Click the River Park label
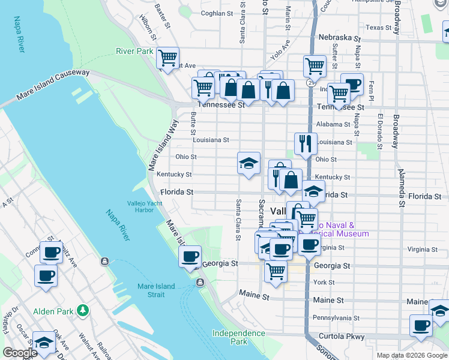click(x=135, y=52)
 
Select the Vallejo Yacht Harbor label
click(x=136, y=206)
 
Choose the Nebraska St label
click(x=339, y=37)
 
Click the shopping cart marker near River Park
click(x=167, y=59)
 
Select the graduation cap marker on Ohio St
click(x=249, y=163)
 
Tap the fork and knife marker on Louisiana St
click(x=306, y=144)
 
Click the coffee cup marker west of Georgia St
click(x=190, y=257)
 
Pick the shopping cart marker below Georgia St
click(x=276, y=271)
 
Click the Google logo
click(x=20, y=353)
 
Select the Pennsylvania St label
click(x=336, y=317)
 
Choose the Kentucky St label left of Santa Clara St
click(x=174, y=175)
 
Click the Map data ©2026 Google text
click(x=412, y=355)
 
